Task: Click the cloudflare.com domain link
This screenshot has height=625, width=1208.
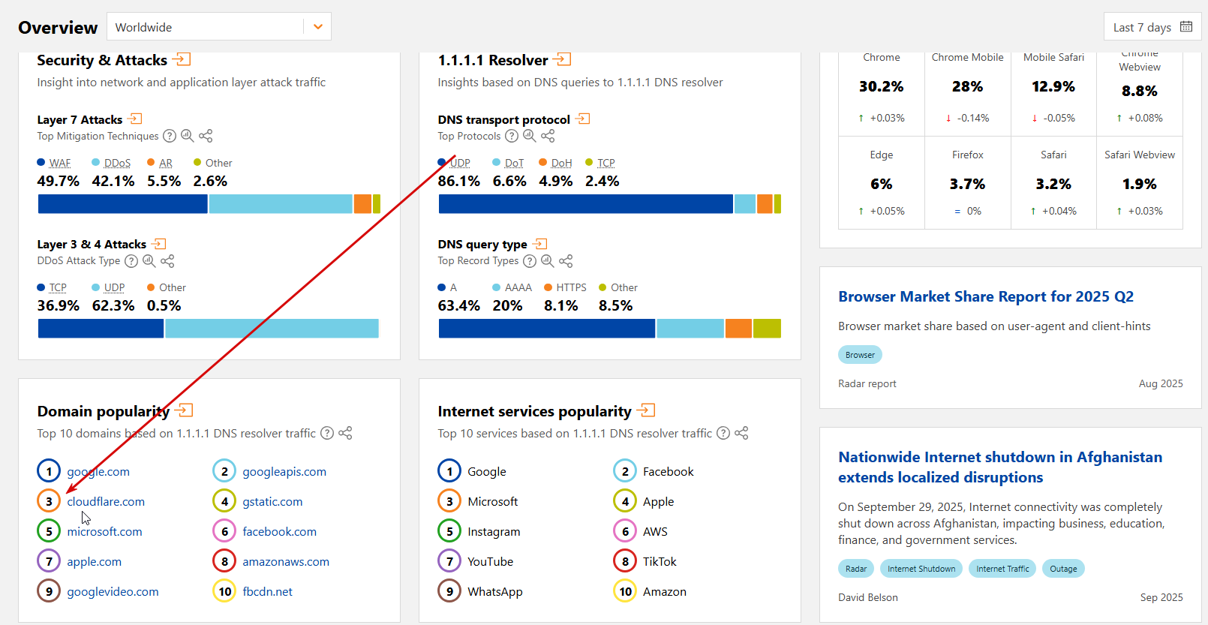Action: [106, 502]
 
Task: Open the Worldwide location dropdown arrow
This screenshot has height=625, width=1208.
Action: [318, 27]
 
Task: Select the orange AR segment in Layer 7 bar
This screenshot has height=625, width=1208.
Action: [362, 204]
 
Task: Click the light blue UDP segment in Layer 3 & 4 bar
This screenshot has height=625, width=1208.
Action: [272, 329]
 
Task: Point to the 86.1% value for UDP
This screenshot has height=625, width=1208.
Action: [459, 182]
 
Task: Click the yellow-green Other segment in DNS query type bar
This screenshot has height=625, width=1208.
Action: [767, 329]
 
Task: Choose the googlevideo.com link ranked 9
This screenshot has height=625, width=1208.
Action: [113, 592]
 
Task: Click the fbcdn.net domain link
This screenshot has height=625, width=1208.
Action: [267, 592]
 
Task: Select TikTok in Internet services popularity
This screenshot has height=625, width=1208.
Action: [660, 562]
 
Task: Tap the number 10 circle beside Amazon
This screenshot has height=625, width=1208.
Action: [626, 591]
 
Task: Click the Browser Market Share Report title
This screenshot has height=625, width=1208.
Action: [986, 297]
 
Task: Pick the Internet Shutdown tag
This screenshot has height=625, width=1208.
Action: [921, 569]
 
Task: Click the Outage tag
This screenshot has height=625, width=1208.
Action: [1063, 569]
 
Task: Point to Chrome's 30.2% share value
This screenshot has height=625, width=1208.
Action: [882, 87]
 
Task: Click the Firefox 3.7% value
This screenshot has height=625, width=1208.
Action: [967, 185]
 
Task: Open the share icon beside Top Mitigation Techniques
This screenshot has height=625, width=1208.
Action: [206, 136]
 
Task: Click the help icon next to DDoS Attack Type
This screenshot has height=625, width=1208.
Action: [131, 261]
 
